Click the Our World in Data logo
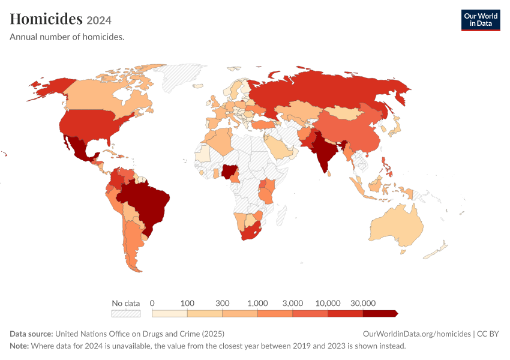481,20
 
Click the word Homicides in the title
46,19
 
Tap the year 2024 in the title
99,20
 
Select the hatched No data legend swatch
126,313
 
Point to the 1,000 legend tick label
257,304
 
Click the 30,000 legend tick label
363,304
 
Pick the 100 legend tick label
187,304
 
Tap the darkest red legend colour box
380,313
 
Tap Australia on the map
397,226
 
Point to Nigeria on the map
229,171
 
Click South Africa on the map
251,232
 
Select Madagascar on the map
281,215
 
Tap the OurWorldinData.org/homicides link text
416,334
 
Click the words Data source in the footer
31,334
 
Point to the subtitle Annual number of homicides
67,37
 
